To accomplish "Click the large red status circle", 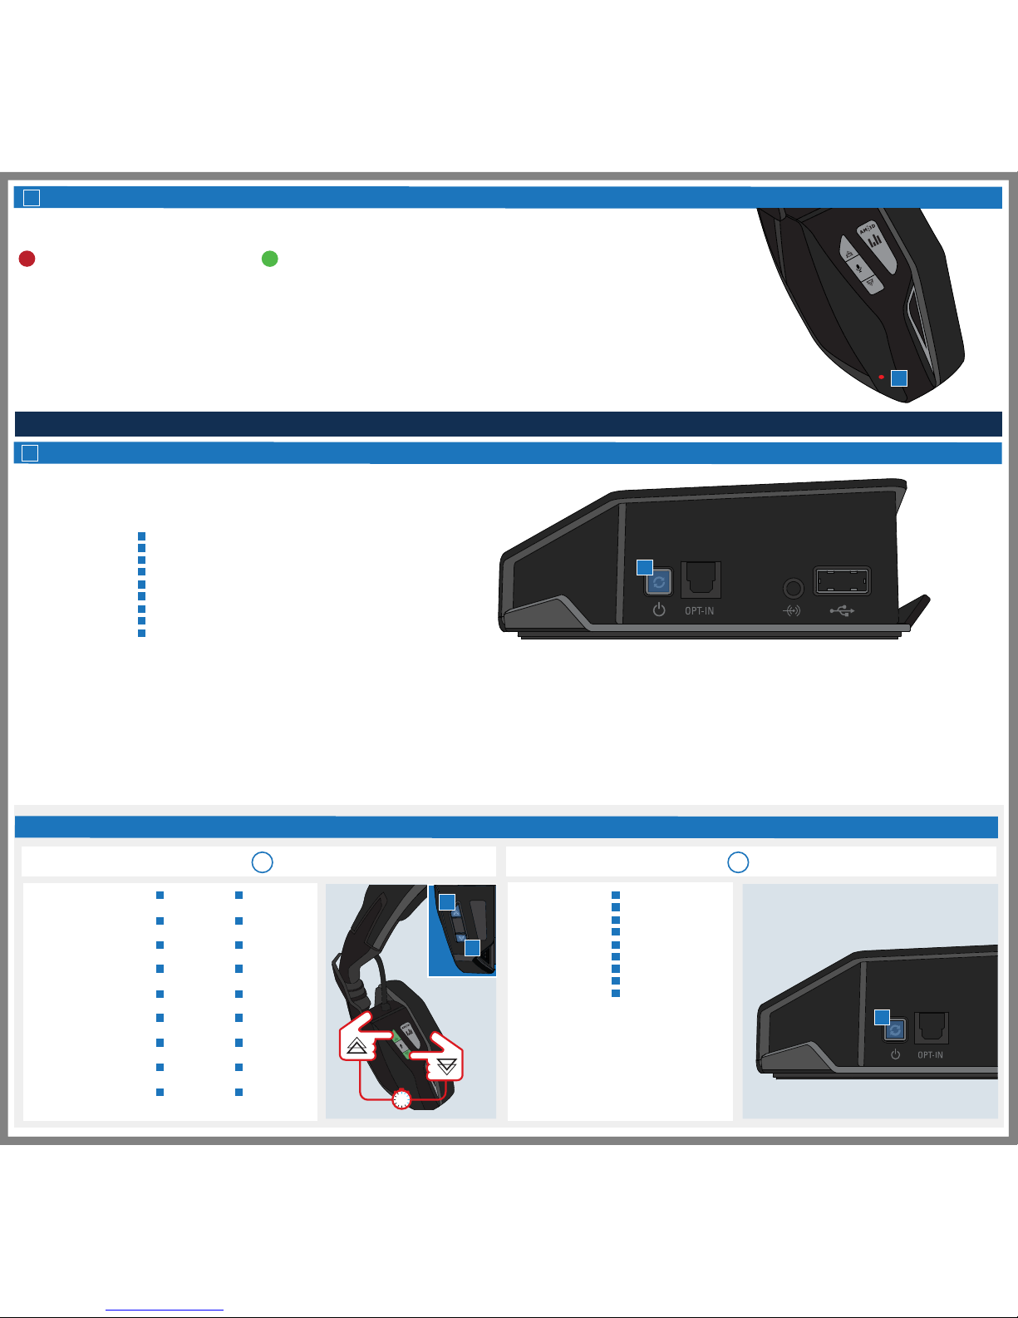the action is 27,259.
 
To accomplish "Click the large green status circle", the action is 269,259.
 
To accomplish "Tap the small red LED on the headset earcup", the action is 881,377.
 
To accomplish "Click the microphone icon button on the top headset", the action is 858,268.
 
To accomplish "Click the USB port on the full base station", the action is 842,580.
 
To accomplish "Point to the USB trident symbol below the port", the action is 842,611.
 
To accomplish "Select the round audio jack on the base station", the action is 793,588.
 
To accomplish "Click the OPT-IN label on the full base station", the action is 699,611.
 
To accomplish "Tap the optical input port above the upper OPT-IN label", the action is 701,580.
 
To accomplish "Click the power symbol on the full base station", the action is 659,610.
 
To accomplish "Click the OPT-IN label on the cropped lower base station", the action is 930,1054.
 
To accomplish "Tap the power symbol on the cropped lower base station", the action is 895,1054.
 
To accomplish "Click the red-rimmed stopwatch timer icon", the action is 401,1099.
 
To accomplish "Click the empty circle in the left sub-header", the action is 263,861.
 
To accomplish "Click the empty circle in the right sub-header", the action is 738,861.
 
